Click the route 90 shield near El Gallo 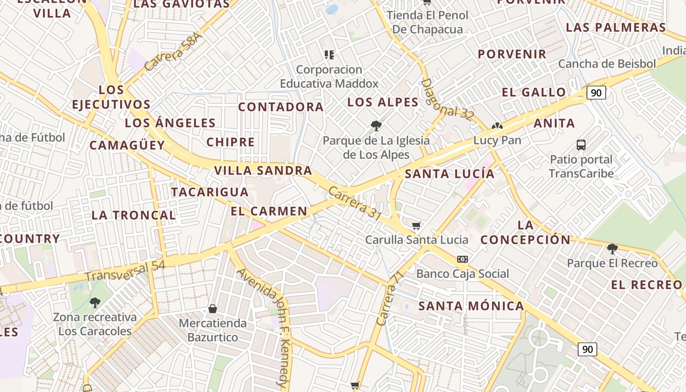[596, 92]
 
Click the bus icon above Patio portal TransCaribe [581, 145]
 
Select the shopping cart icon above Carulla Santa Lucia [416, 225]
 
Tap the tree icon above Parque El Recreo [612, 249]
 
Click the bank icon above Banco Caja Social [462, 259]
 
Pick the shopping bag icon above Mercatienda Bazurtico [213, 309]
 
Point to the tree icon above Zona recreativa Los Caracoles [95, 303]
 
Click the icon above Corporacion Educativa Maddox [329, 55]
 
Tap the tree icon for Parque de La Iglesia [376, 126]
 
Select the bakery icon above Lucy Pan [497, 126]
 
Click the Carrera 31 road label [355, 203]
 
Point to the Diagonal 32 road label [447, 99]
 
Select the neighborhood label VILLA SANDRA [263, 171]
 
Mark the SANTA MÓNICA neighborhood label [471, 306]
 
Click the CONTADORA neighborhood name [281, 107]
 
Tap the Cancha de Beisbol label [607, 64]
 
